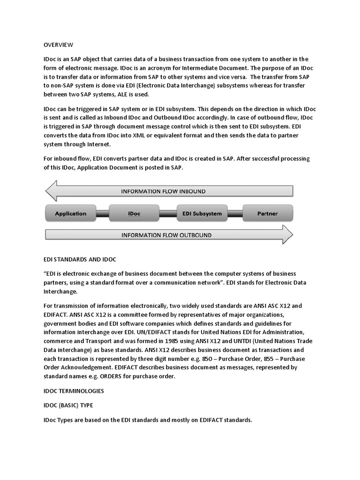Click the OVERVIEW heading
(x=58, y=45)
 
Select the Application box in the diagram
(x=71, y=213)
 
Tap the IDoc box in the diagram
(x=134, y=213)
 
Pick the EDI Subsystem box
(x=202, y=213)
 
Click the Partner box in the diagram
(x=267, y=213)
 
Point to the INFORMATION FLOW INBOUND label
(x=163, y=191)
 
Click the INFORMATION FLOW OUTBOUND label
(x=166, y=235)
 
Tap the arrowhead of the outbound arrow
(x=287, y=234)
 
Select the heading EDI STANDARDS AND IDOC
(x=80, y=259)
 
